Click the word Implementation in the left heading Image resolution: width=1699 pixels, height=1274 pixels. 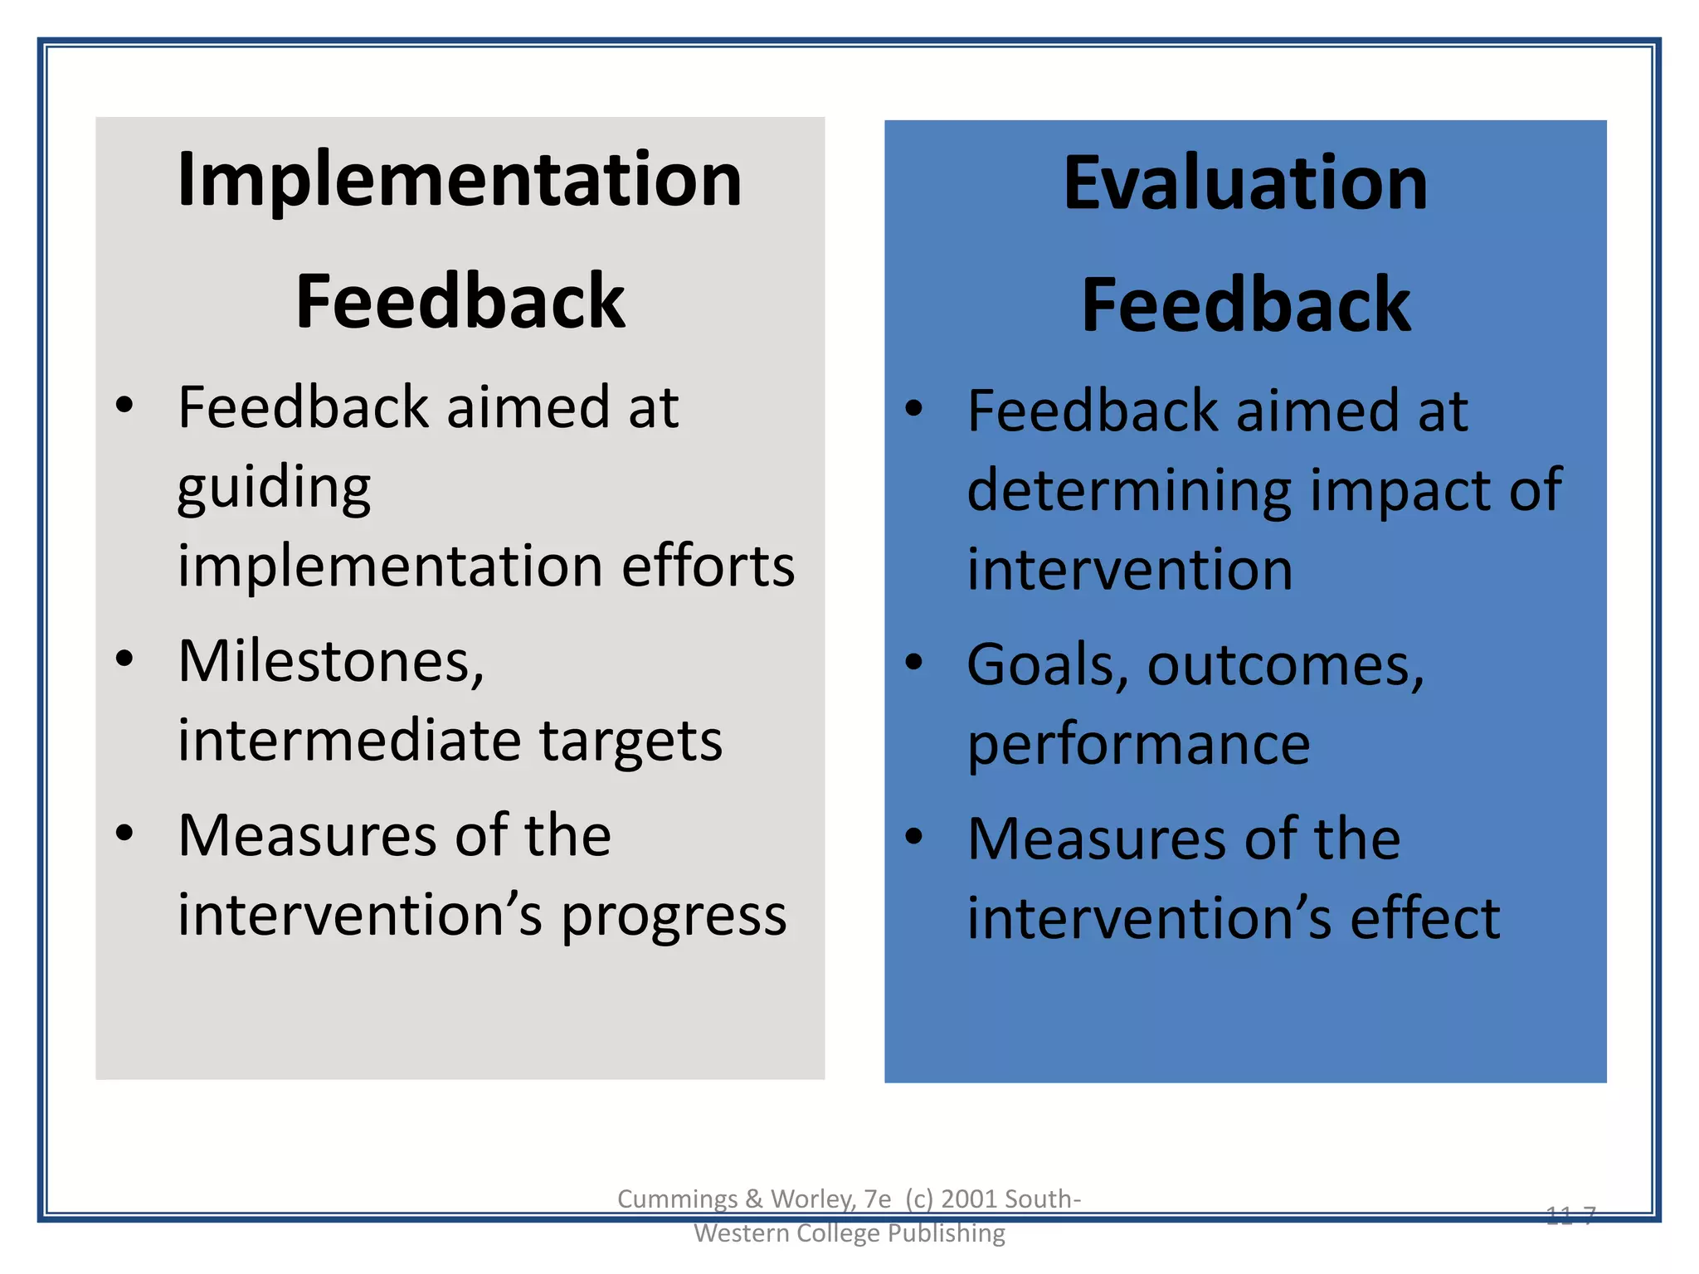(460, 180)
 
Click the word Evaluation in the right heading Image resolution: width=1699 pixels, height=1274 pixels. (1245, 183)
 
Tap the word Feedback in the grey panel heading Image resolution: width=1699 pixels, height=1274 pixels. (460, 302)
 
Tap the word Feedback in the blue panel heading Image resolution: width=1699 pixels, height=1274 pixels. (1245, 305)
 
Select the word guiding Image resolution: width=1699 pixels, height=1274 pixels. (274, 488)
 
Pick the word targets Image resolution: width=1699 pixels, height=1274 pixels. (630, 741)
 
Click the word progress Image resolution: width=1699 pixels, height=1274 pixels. (674, 917)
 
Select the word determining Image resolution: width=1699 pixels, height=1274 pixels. (1129, 491)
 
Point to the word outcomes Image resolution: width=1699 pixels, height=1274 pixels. (1285, 665)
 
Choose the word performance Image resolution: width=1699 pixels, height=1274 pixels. (1138, 745)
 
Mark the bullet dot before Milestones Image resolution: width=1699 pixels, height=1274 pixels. (124, 659)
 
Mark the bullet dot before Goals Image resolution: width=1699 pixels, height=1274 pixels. (913, 662)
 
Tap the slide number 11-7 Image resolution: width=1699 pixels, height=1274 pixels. (1570, 1215)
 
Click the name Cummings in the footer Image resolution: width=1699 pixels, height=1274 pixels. (677, 1199)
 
